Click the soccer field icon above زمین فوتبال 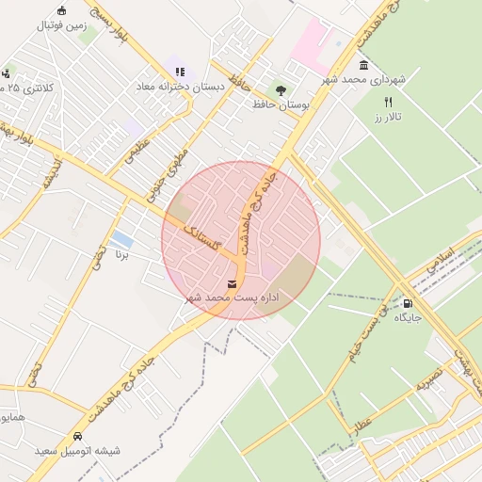(62, 10)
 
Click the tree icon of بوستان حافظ (281, 88)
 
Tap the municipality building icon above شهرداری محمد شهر (363, 65)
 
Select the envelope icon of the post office (232, 283)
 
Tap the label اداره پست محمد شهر (233, 297)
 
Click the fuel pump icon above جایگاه (407, 303)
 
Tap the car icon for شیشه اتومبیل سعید (77, 437)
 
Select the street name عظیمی (137, 153)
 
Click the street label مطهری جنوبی (168, 169)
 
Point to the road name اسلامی (439, 261)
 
